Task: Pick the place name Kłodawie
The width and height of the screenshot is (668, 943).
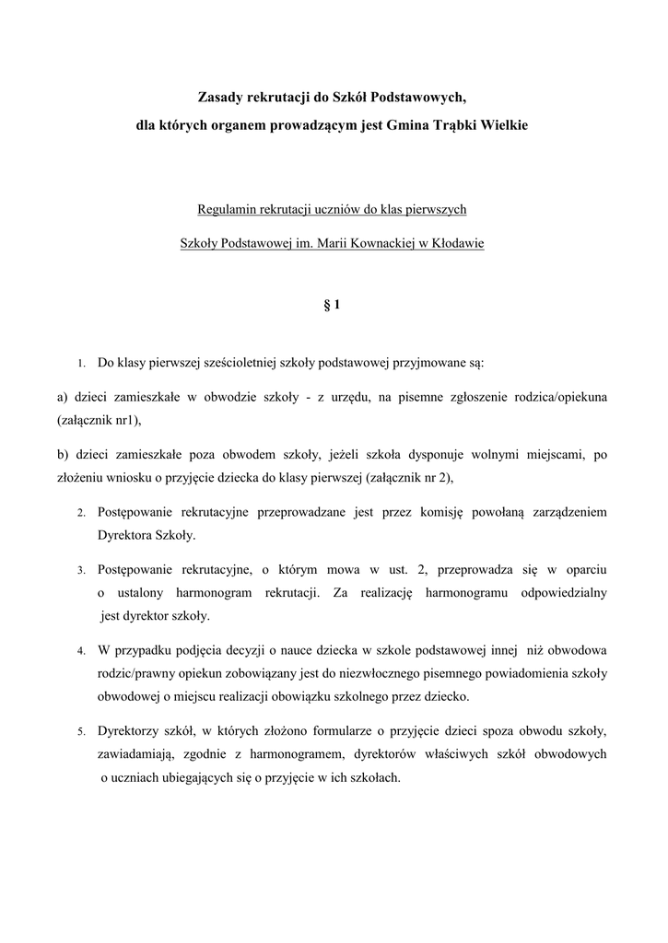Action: coord(455,244)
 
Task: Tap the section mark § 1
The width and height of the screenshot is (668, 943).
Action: coord(334,304)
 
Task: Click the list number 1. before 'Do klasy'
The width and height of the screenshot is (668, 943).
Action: coord(81,364)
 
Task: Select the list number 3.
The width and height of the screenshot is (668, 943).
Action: coord(81,571)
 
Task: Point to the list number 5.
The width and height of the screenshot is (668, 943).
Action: coord(81,732)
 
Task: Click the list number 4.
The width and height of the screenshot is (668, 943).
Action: coord(81,651)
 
